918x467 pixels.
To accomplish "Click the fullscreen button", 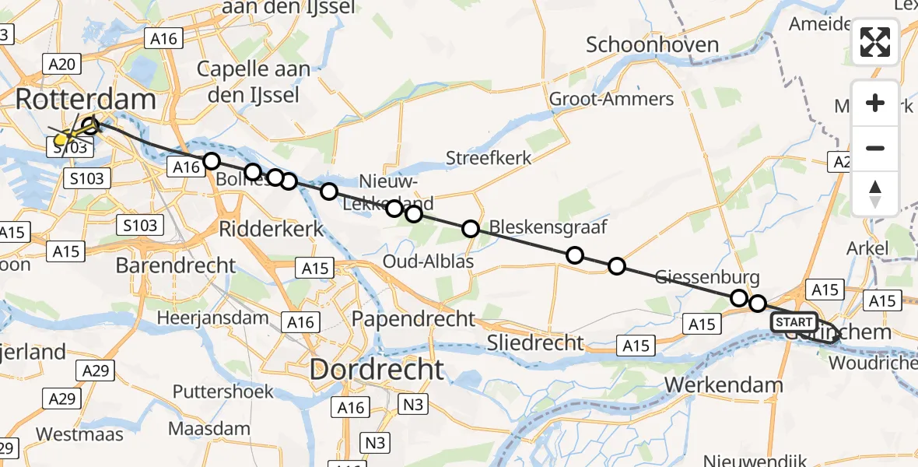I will click(875, 42).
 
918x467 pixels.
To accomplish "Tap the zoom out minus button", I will click(875, 148).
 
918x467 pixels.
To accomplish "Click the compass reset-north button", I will click(875, 194).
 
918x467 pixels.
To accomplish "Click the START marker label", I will click(794, 321).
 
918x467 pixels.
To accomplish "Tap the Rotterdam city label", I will click(85, 100).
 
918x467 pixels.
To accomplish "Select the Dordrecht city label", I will click(377, 369).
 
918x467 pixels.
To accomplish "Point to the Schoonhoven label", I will click(652, 44).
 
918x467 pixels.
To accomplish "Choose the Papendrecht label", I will click(413, 318).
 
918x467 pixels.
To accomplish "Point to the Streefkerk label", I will click(489, 158).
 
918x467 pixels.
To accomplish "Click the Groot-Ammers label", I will click(611, 99).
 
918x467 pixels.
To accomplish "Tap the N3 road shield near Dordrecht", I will click(414, 405).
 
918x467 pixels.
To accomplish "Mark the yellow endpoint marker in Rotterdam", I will click(61, 140).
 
